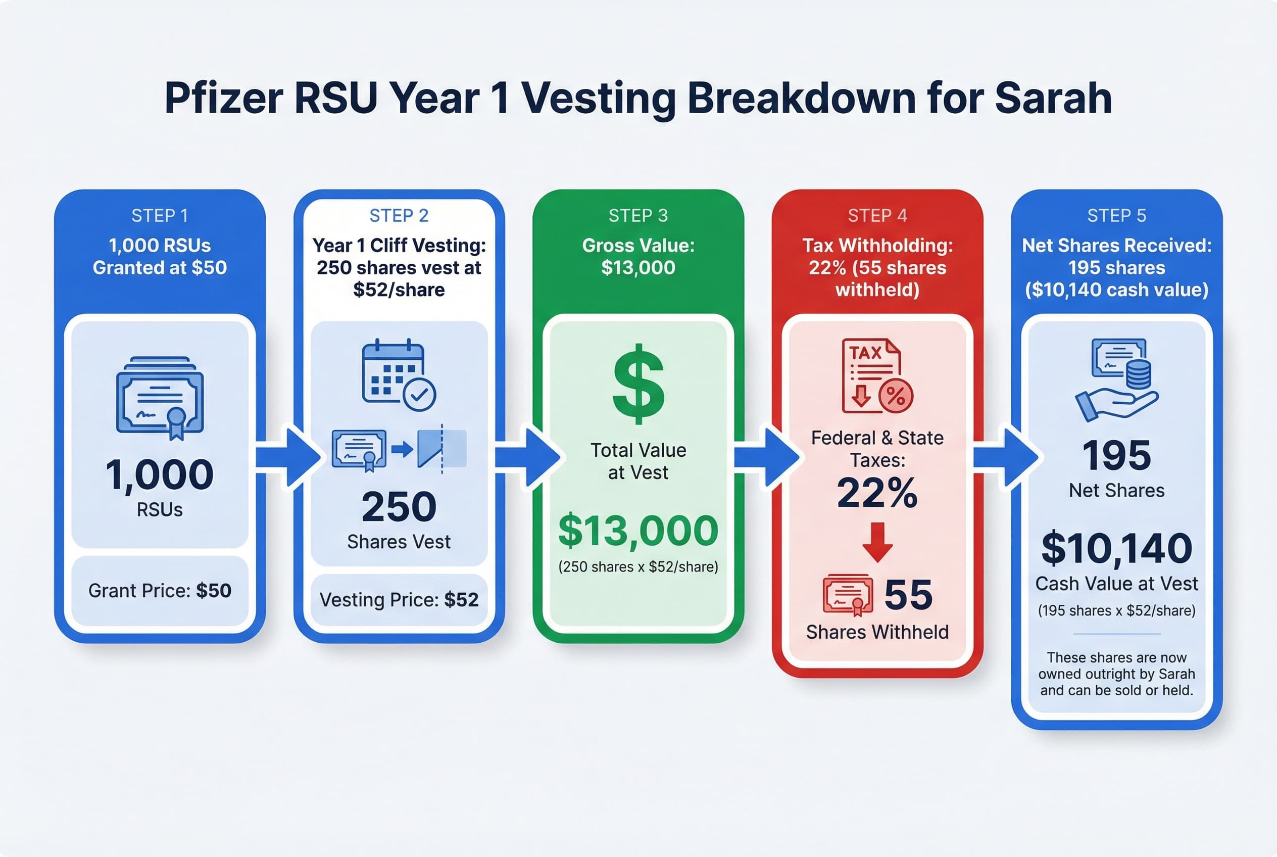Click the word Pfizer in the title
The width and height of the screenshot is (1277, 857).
(x=223, y=99)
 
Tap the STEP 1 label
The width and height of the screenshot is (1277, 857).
(x=160, y=216)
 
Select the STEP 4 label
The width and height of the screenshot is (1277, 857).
(x=877, y=216)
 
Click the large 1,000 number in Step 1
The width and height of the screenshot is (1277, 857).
(x=160, y=474)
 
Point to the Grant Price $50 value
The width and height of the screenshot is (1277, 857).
(x=214, y=591)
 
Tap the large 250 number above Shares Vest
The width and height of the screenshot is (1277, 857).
(x=399, y=507)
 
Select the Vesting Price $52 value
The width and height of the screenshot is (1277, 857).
(x=461, y=600)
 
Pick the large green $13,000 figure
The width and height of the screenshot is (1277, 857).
(x=638, y=531)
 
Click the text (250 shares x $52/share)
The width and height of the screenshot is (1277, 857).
(x=638, y=567)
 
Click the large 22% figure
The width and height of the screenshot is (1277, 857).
(x=877, y=493)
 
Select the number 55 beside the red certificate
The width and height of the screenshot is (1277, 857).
(x=908, y=595)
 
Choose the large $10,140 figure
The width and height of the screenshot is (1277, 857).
(x=1116, y=548)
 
